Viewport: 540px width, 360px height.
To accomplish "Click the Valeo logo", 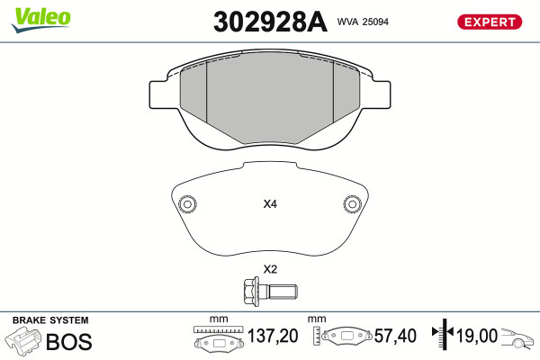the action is (41, 20).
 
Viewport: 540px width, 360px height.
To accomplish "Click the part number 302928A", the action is (270, 22).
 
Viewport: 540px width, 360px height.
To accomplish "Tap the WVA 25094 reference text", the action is (363, 22).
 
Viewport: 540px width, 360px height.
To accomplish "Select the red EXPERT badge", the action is (490, 22).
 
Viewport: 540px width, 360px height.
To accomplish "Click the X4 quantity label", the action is (270, 204).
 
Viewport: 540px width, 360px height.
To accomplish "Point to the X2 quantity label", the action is (270, 269).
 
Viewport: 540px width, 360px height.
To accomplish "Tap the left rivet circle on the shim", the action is (188, 204).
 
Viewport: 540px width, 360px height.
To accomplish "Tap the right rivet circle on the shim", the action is (352, 204).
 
